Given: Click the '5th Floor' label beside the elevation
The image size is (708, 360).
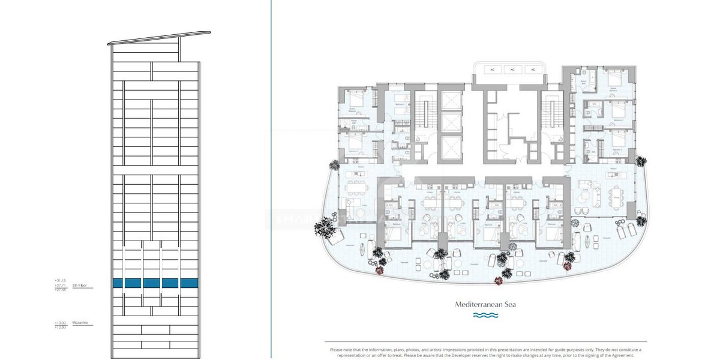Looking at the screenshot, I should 80,286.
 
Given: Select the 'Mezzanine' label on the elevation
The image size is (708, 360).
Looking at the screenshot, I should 80,323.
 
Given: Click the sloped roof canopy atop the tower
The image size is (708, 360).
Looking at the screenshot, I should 159,38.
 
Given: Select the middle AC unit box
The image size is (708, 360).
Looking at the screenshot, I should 512,70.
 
